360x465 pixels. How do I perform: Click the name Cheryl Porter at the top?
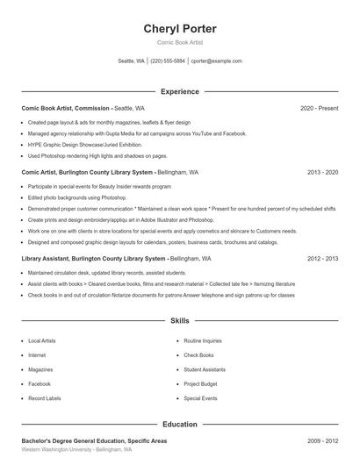(x=180, y=29)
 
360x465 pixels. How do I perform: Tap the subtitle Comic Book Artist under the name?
(x=180, y=43)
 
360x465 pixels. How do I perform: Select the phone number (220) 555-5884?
(x=168, y=61)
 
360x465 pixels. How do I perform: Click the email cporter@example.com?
(x=216, y=61)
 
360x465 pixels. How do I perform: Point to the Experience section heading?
(x=180, y=91)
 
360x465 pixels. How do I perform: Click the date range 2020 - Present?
(x=319, y=108)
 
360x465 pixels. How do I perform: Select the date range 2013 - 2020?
(x=322, y=173)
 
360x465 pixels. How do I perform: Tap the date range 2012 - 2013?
(x=322, y=260)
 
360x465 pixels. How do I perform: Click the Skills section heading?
(x=180, y=322)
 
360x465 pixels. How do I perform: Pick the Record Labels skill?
(x=45, y=398)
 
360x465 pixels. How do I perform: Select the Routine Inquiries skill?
(x=203, y=340)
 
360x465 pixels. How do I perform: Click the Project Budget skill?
(x=201, y=383)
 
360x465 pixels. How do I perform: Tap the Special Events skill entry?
(x=200, y=398)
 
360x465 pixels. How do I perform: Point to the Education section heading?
(x=180, y=425)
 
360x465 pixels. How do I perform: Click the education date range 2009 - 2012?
(x=322, y=440)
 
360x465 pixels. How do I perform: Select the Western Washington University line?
(x=76, y=449)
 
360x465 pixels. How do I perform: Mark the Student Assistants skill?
(x=205, y=369)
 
